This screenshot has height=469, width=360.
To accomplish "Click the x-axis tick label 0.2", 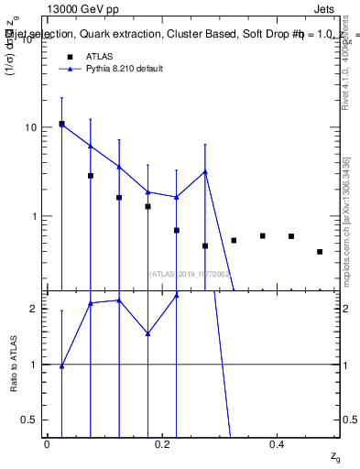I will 162,443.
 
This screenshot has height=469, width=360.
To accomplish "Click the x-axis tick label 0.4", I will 278,443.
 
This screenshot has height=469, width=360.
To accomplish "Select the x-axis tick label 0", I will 47,443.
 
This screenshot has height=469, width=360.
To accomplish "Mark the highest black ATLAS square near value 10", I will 61,124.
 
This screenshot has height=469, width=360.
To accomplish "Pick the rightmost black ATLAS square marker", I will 320,252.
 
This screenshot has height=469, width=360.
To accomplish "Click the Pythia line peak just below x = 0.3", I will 205,171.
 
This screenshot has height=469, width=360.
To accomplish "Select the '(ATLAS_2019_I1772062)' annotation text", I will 190,274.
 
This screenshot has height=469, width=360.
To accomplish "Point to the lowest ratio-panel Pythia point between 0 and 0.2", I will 61,365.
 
